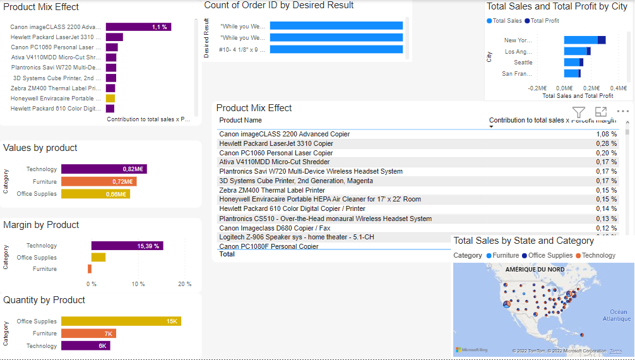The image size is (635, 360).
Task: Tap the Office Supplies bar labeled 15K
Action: [x=121, y=321]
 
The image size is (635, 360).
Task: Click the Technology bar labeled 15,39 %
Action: [x=127, y=246]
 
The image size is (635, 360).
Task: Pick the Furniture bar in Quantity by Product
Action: [x=88, y=333]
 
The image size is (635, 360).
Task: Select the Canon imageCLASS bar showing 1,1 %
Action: [x=138, y=27]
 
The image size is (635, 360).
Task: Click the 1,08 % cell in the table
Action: [x=606, y=135]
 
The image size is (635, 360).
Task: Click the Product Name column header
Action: [x=240, y=121]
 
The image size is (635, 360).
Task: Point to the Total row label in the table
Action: [x=227, y=254]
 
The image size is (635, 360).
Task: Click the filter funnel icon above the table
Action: [x=579, y=112]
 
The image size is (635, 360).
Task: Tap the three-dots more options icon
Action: [x=623, y=112]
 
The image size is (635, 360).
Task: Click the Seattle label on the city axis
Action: [x=523, y=63]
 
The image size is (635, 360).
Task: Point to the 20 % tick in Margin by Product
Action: [x=184, y=284]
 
